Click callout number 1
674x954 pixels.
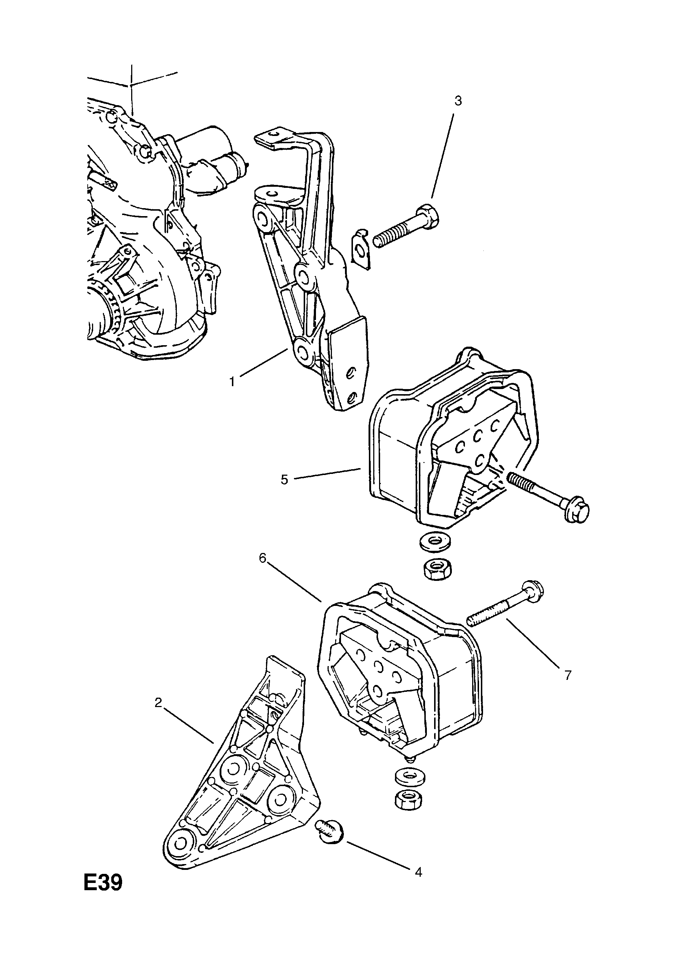tap(233, 381)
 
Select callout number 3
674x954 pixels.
tap(458, 101)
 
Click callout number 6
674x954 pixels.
tap(262, 558)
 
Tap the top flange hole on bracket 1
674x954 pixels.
tap(272, 135)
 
